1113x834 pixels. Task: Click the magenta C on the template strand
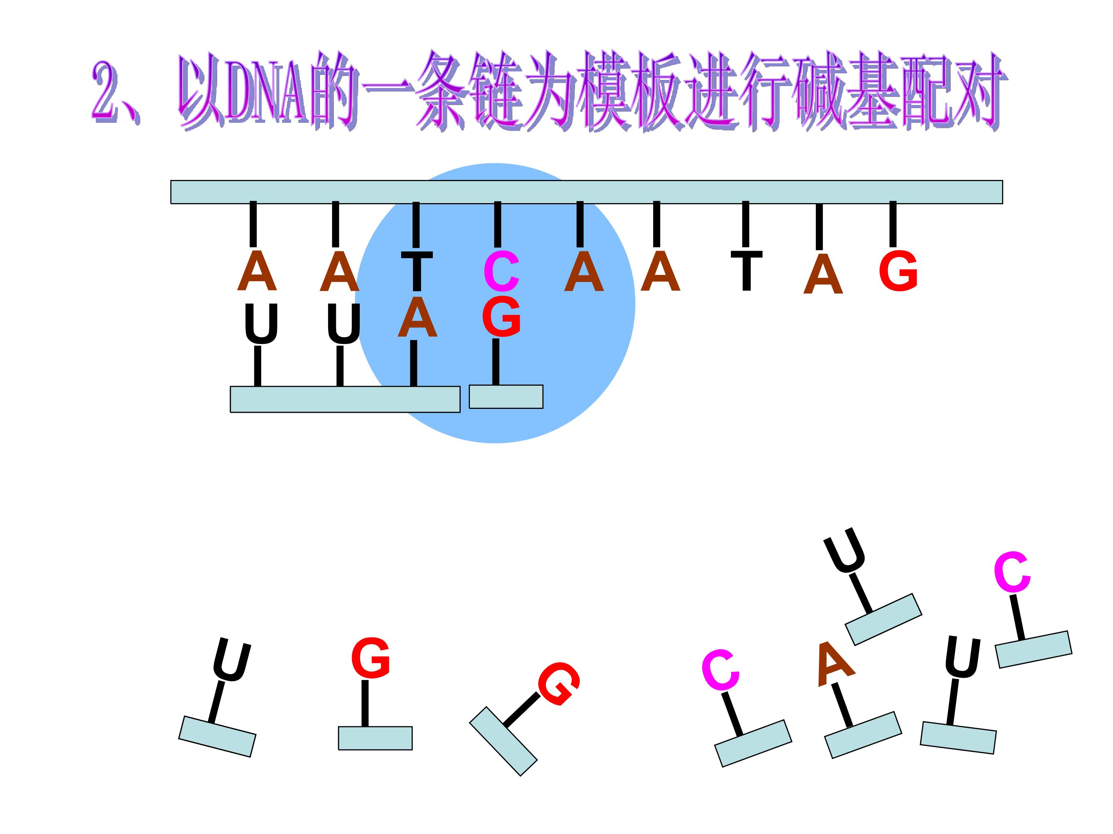[501, 272]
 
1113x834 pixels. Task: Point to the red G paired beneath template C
[501, 316]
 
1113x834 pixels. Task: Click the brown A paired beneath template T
[417, 318]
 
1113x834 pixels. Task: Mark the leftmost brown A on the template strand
[257, 271]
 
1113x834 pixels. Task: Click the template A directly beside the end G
[823, 274]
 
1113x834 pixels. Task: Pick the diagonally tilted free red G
[558, 683]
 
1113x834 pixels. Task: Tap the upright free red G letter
[371, 658]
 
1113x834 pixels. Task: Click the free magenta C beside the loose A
[720, 669]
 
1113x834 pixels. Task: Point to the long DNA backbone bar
[587, 192]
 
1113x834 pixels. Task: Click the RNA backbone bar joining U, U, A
[345, 400]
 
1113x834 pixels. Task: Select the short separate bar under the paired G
[506, 397]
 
